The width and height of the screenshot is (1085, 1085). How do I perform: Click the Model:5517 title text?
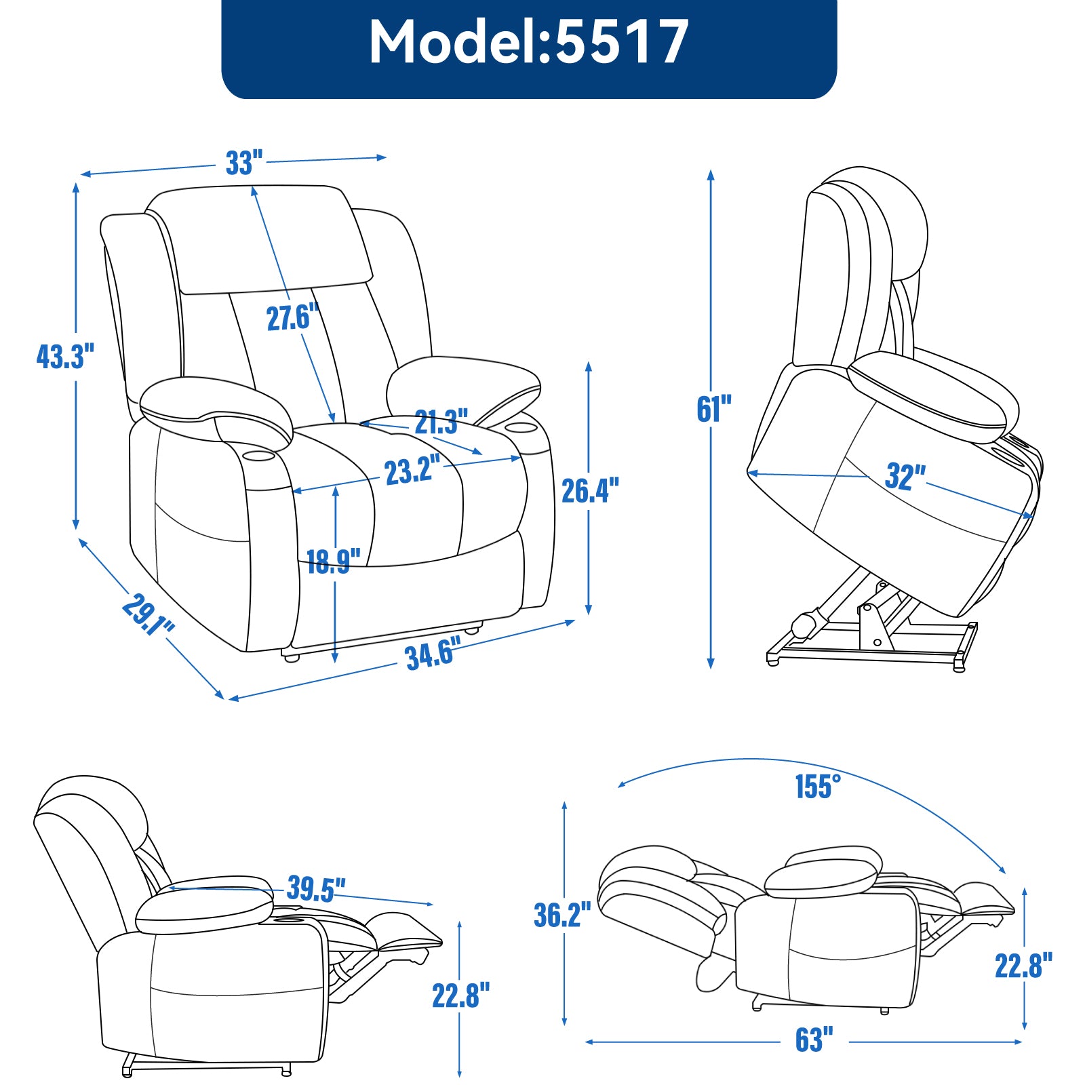529,42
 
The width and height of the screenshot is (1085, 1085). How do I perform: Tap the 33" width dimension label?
244,163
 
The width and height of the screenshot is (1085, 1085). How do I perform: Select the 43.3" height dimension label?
65,356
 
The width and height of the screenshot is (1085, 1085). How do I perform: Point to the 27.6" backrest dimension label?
292,317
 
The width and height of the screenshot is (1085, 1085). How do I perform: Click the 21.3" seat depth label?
441,422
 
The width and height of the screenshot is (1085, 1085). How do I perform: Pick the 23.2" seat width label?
412,471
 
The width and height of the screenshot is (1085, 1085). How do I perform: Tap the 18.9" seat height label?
333,561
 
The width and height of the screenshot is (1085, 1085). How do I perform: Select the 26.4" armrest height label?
590,490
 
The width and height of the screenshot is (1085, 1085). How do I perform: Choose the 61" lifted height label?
714,409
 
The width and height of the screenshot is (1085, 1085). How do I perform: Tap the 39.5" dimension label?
316,888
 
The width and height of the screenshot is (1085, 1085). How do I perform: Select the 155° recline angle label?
818,787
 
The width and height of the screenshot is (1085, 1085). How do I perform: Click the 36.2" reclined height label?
562,915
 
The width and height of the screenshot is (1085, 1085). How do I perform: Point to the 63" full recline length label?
814,1040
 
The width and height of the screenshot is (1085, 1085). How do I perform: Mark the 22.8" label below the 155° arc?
1023,966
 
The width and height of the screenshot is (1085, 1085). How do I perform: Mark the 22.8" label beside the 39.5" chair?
460,995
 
